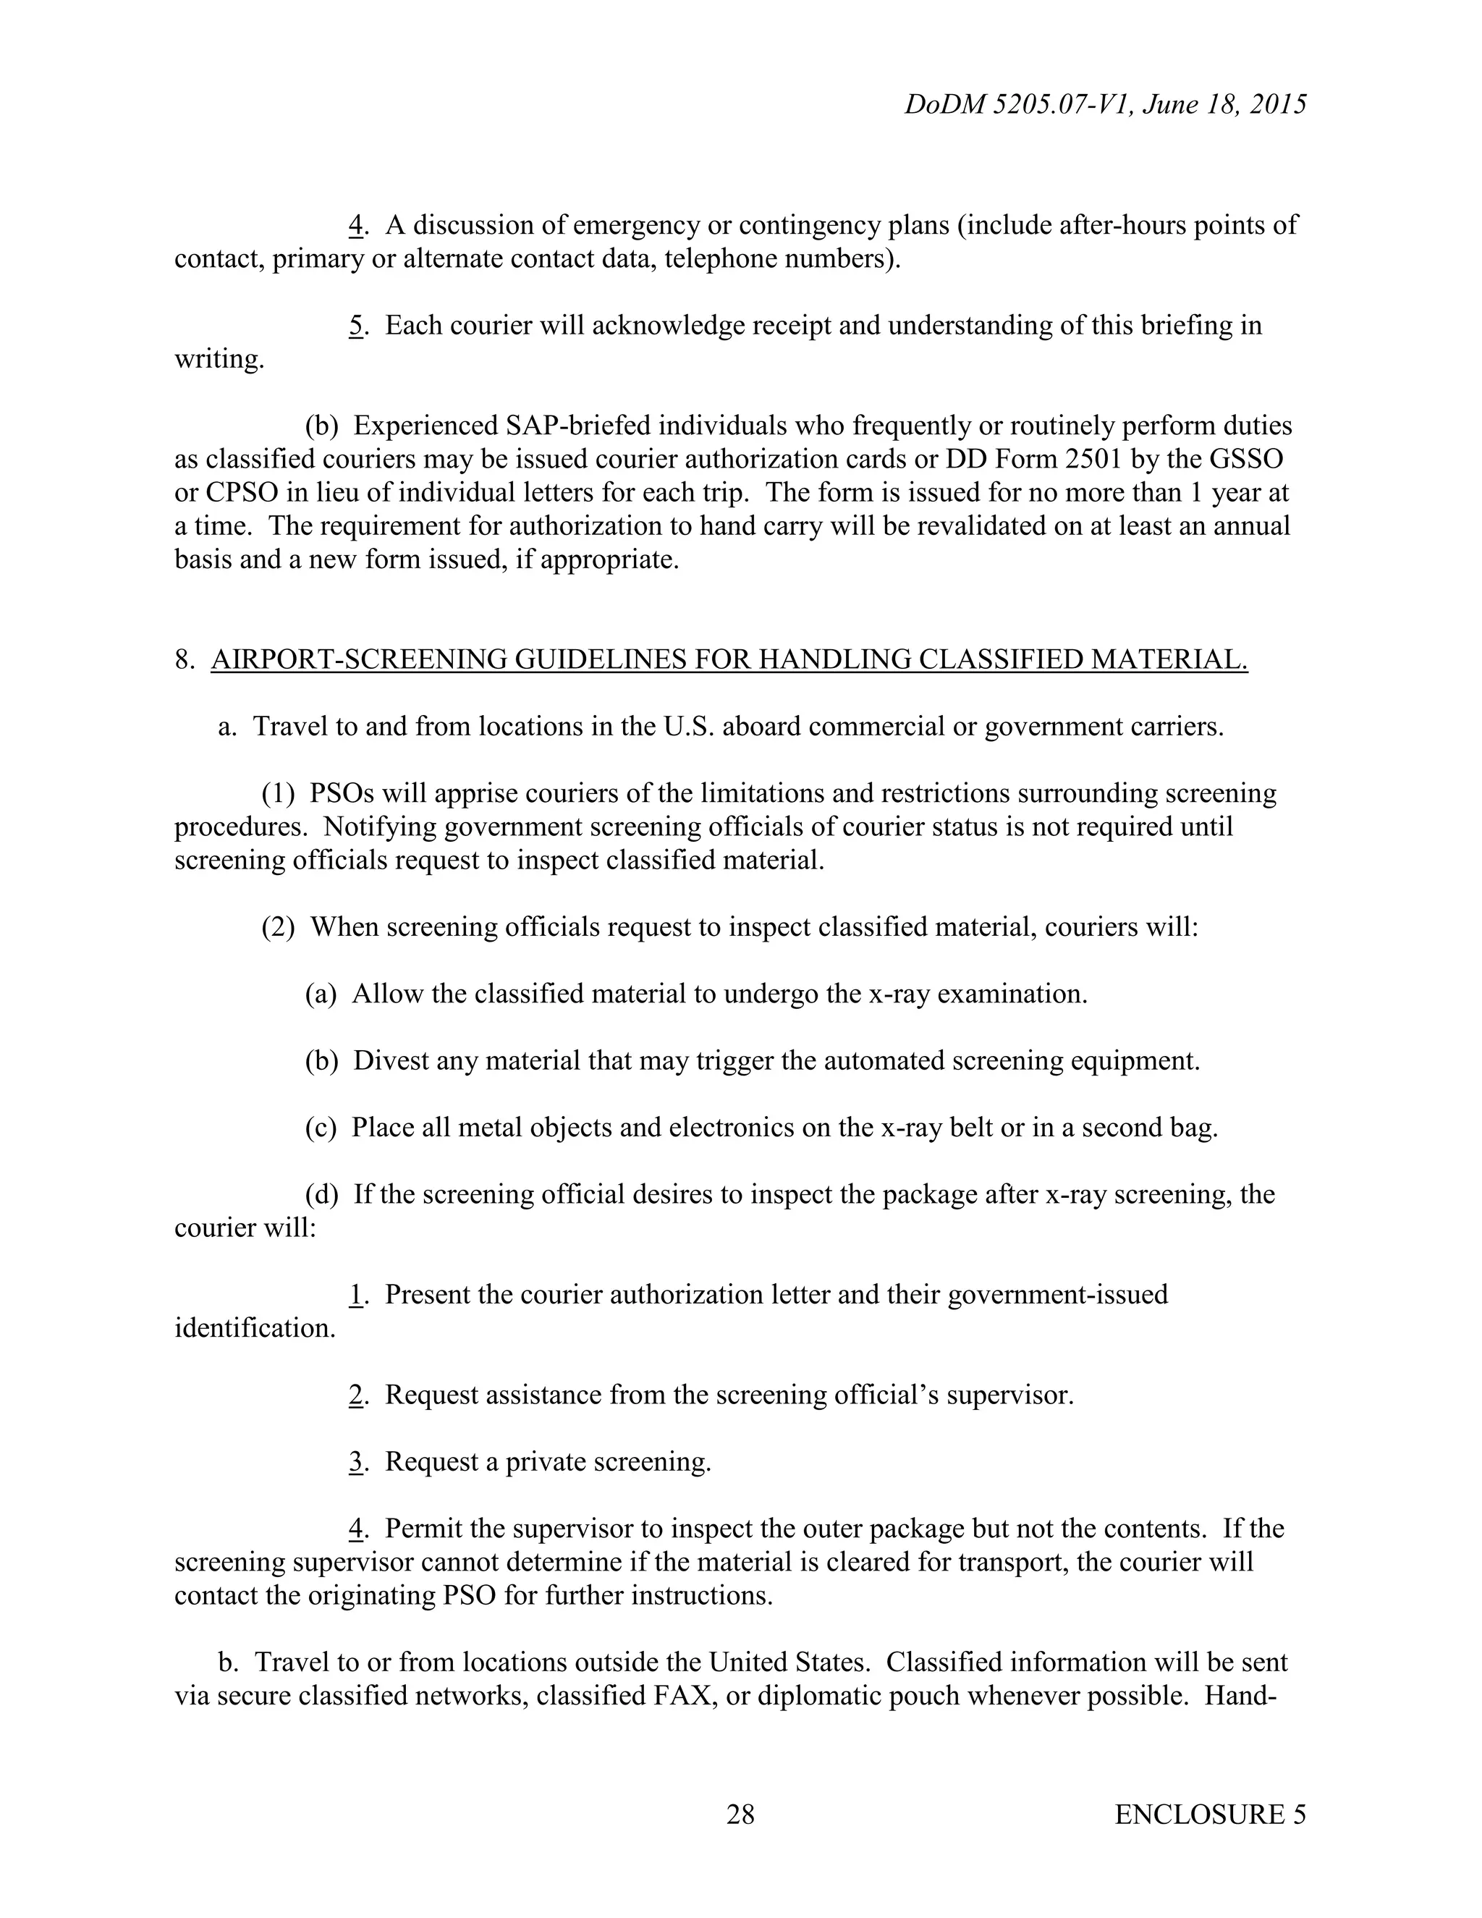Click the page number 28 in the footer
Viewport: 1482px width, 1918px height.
pos(740,1814)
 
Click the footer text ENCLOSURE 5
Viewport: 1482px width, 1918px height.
pos(1210,1814)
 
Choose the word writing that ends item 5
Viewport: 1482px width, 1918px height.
pos(219,358)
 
